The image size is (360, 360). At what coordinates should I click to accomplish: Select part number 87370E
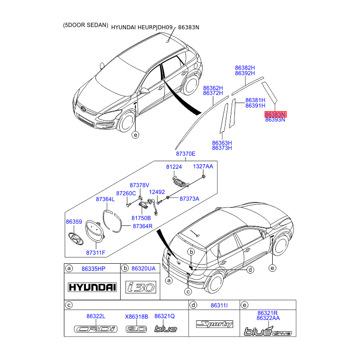185,153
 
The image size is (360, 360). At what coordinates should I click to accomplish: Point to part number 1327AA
203,166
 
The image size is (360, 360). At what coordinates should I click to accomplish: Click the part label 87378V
139,185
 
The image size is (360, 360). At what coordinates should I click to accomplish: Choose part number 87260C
126,193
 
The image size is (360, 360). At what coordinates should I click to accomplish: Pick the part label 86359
74,222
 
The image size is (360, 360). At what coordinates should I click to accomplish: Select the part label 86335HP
93,269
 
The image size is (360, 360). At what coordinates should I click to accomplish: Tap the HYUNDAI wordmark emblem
92,287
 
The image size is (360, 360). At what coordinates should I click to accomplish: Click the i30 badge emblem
140,287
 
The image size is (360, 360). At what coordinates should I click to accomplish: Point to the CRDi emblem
95,329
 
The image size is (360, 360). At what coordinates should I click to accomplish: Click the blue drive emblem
268,332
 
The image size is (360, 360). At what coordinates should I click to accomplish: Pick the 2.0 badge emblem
136,329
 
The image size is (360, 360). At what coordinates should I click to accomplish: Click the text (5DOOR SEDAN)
86,26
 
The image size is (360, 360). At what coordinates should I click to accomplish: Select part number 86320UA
143,269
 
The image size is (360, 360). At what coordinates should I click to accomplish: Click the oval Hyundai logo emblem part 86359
73,237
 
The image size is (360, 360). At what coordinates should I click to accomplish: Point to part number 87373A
189,198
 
